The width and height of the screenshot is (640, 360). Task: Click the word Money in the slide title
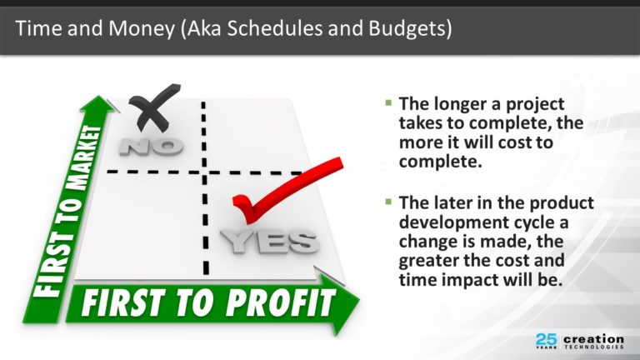141,29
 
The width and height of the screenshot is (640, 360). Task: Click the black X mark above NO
154,107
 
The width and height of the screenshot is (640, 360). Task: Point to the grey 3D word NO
151,147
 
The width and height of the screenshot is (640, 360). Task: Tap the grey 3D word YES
269,241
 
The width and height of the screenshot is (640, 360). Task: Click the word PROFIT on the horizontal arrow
281,302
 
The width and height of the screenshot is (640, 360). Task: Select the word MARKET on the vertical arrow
84,158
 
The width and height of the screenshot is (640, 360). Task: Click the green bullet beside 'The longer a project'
388,102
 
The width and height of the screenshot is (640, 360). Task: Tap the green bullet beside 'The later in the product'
388,201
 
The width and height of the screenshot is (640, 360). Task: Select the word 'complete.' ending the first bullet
440,162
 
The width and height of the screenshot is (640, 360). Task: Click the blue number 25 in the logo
546,339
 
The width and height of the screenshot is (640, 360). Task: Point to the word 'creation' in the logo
593,339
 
